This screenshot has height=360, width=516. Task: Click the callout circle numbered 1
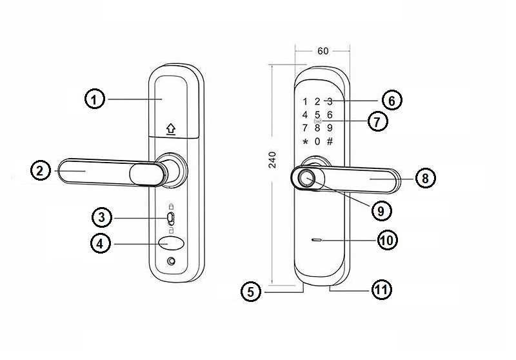(x=95, y=99)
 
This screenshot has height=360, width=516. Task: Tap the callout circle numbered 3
(x=102, y=217)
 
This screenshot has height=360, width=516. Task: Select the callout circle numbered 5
(x=251, y=292)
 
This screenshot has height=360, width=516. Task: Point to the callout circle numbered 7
(x=377, y=121)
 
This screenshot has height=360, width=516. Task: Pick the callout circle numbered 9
(x=381, y=210)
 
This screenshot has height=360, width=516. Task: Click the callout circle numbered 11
(x=382, y=290)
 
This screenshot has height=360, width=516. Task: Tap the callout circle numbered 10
(x=387, y=240)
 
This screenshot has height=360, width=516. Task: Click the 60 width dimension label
(x=323, y=51)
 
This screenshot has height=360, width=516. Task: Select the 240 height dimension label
(x=272, y=159)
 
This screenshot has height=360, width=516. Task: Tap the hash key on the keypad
(x=330, y=141)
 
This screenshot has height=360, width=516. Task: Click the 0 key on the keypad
(x=317, y=141)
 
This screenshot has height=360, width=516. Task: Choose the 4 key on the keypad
(x=305, y=115)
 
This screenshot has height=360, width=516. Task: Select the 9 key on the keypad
(x=330, y=128)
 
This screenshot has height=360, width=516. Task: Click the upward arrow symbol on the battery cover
(x=171, y=129)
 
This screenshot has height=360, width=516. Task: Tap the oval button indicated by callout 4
(x=171, y=243)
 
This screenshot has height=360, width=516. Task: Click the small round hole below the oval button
(x=171, y=261)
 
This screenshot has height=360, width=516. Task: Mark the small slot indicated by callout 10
(x=317, y=240)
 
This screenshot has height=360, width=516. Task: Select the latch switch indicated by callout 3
(x=170, y=218)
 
